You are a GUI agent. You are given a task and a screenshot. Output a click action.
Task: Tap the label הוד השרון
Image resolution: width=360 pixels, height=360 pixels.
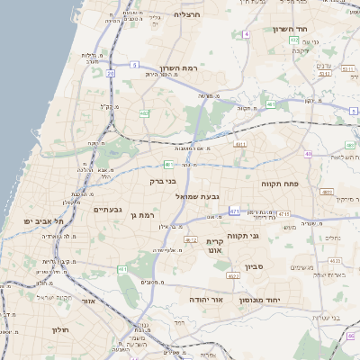coord(292,29)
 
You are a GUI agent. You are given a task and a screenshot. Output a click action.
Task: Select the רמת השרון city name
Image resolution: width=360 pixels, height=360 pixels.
coord(178,69)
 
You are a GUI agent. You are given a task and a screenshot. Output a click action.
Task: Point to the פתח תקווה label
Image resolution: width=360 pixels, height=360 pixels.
coord(285,184)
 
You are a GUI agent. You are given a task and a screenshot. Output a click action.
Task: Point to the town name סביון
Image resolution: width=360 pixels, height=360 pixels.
coord(253,266)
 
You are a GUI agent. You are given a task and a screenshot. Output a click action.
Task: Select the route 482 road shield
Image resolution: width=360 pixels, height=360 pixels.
coord(144,113)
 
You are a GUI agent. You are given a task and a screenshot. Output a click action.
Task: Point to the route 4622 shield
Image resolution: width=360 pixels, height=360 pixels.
coord(232,277)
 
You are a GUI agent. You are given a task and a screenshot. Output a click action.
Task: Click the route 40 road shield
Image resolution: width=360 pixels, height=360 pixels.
coord(308,154)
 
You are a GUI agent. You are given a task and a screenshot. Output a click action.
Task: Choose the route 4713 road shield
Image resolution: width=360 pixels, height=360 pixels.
coord(284,213)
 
